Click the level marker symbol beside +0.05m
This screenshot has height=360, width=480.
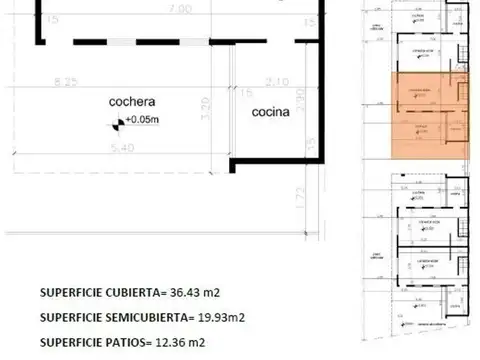click(x=118, y=123)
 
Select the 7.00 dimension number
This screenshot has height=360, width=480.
click(x=180, y=8)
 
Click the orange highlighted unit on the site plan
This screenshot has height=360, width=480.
click(x=428, y=115)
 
